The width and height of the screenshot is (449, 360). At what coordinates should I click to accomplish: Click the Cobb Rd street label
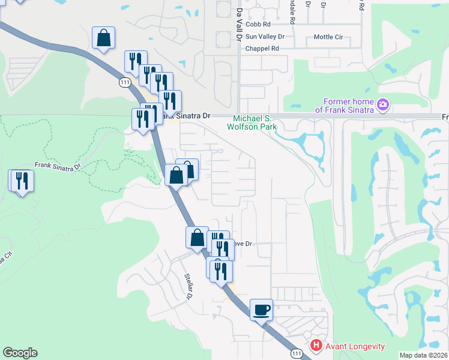coord(258,25)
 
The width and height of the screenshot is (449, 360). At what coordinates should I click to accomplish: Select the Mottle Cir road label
coord(328,37)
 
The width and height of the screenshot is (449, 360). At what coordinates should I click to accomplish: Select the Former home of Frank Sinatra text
coord(348,106)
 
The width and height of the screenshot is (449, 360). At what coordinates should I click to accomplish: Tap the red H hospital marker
coord(316,346)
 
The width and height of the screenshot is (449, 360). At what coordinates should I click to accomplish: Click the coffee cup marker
coord(261,310)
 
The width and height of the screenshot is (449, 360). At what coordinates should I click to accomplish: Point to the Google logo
coord(20,353)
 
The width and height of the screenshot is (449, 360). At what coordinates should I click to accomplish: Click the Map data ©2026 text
coord(424,355)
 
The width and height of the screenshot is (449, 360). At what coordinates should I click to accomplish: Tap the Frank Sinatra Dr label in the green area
coord(57,166)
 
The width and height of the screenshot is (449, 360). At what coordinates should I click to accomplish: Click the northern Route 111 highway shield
coord(125,82)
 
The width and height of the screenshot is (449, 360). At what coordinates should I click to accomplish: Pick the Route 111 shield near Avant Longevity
coord(297,355)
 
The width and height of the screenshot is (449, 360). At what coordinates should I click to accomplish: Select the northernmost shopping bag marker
coord(103,38)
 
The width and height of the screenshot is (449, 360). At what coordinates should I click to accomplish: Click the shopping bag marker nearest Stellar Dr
coord(197,238)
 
